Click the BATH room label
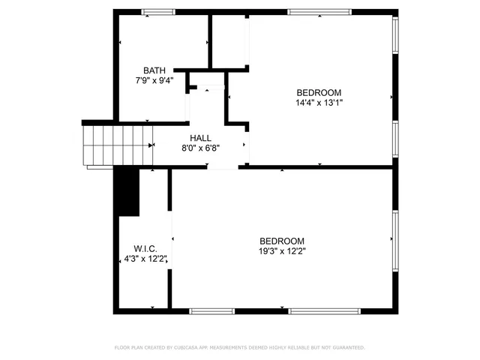click(x=154, y=70)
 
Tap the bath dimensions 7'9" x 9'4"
click(x=154, y=80)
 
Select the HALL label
click(x=200, y=138)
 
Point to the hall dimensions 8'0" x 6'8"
click(x=200, y=148)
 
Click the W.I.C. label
click(x=145, y=249)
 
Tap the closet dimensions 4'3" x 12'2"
click(x=145, y=259)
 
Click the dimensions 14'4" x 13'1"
click(x=319, y=103)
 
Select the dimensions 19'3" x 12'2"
click(x=281, y=251)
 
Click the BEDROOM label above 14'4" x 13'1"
click(x=319, y=93)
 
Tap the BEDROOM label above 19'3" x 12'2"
click(x=281, y=241)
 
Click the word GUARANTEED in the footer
click(x=346, y=348)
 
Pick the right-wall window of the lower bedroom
click(x=395, y=238)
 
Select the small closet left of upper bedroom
click(x=229, y=41)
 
